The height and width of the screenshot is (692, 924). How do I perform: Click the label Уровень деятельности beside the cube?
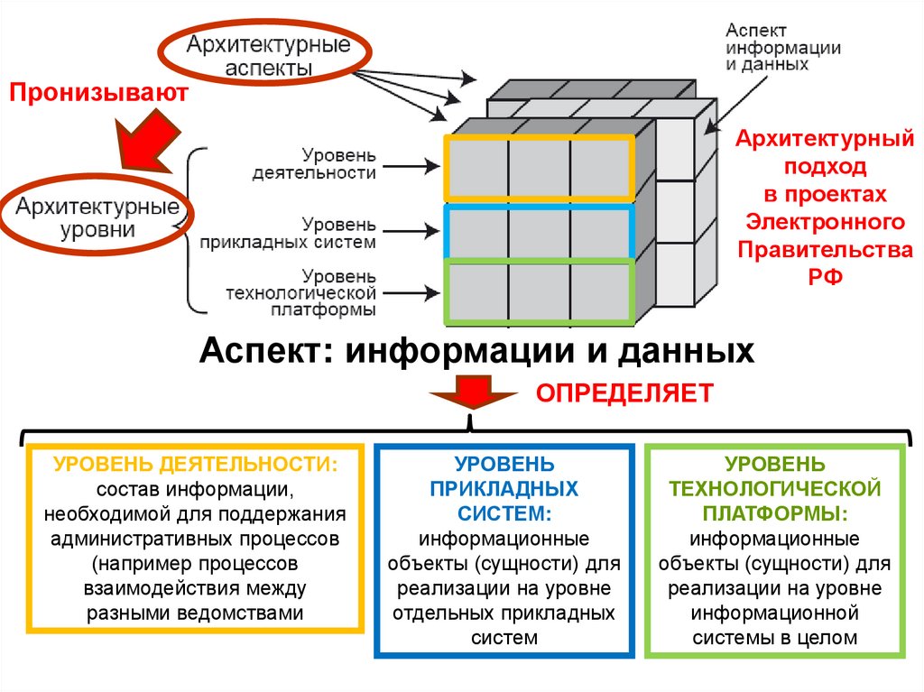point(328,164)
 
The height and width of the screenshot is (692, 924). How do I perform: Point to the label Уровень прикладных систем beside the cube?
point(327,232)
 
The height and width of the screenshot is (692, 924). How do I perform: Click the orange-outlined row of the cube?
point(539,167)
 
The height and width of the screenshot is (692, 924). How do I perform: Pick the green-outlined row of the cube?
point(539,291)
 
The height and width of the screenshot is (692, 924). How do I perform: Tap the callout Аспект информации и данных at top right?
point(783,47)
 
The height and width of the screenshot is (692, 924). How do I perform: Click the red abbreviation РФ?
point(825,277)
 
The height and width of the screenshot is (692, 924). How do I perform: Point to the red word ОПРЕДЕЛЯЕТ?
point(625,392)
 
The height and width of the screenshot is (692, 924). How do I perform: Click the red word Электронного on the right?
point(825,221)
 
